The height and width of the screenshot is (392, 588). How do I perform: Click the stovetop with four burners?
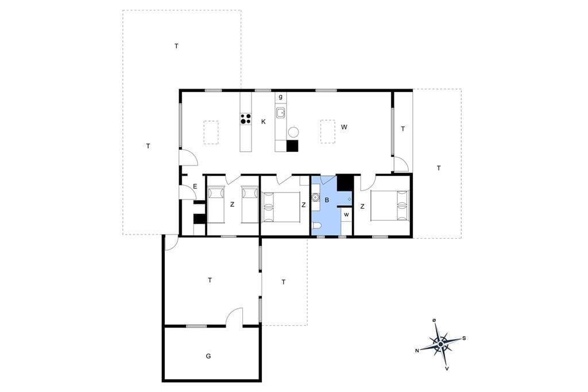coord(246,119)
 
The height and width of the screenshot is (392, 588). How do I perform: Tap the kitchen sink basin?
coord(280,113)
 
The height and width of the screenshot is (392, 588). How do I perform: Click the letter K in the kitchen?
coord(264,122)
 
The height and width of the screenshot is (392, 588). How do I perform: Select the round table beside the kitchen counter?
coord(293,132)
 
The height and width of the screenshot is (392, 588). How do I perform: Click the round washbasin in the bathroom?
coord(315,197)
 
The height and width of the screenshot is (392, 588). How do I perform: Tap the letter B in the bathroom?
coord(327,200)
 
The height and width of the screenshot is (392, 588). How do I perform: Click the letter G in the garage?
coord(208,356)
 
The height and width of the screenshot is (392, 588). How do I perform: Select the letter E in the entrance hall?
coord(195,186)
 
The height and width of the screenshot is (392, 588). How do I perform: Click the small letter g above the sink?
coord(280,97)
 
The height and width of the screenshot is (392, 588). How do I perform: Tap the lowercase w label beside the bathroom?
coord(346,215)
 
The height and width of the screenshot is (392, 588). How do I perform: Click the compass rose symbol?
coord(441,343)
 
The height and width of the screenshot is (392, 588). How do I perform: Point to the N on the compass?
coord(417,351)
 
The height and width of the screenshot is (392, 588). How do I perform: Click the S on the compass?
coord(464,339)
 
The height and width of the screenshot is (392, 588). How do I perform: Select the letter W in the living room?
coord(344,127)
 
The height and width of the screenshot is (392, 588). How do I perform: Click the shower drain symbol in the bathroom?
coord(350,199)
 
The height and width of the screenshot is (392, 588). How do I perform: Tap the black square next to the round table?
coord(292,145)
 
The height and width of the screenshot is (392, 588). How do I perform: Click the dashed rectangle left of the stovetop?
coord(211,132)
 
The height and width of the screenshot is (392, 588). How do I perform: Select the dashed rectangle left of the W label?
coord(328,132)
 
